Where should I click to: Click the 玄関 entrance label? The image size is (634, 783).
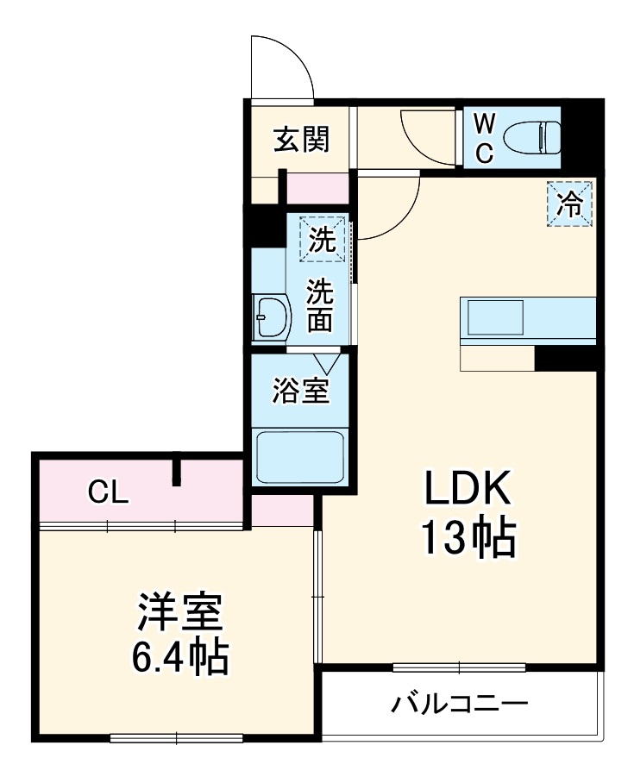[302, 139]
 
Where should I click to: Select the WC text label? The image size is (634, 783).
[485, 136]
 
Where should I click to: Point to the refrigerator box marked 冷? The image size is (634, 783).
[569, 204]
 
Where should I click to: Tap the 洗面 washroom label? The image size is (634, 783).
[321, 304]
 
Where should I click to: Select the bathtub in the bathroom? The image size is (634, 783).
[301, 456]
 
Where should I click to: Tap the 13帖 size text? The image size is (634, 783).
[468, 539]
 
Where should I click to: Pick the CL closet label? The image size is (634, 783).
[109, 492]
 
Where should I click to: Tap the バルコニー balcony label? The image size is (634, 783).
[459, 705]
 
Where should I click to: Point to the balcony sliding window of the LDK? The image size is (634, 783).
[459, 667]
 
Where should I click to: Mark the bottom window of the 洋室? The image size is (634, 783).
[177, 738]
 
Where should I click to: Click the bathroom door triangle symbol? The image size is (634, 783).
[327, 362]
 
